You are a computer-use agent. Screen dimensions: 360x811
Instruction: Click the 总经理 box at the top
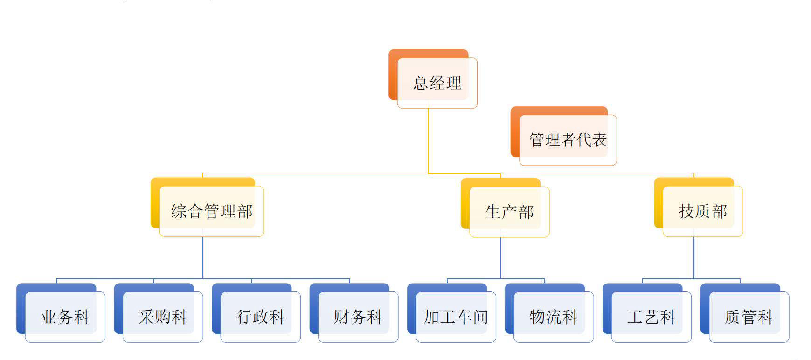click(x=437, y=83)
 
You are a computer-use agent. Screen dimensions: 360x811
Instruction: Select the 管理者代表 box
click(x=568, y=140)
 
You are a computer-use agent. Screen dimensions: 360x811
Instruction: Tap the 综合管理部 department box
click(x=212, y=211)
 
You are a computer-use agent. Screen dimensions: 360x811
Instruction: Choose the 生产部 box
click(x=509, y=212)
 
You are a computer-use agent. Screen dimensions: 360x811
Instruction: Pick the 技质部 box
click(x=703, y=211)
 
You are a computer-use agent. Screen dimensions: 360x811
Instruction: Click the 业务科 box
click(x=65, y=317)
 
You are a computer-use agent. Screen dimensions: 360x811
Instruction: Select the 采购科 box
click(x=163, y=317)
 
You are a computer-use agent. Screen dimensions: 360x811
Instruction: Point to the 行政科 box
click(x=261, y=317)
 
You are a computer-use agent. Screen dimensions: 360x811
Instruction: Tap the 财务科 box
click(x=358, y=317)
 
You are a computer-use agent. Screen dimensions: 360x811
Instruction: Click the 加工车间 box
click(x=456, y=317)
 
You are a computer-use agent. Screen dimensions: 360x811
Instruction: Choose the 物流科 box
click(x=554, y=317)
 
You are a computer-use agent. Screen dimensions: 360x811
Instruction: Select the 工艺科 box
click(x=652, y=317)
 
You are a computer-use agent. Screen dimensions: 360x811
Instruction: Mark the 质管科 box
click(x=749, y=317)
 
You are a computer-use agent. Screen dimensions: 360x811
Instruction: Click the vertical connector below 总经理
click(x=429, y=140)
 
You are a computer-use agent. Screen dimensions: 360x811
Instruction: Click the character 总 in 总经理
click(x=421, y=83)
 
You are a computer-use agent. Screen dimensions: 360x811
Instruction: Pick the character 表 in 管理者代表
click(x=599, y=140)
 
